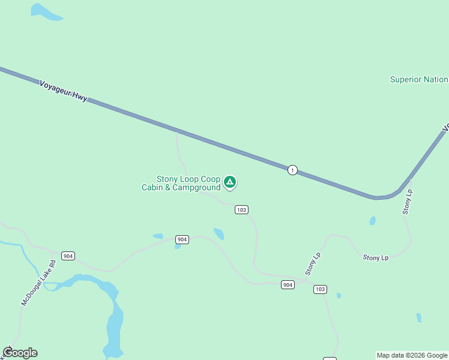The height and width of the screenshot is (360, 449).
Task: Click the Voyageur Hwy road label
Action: (63, 91)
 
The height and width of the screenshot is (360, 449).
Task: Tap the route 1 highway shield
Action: (292, 170)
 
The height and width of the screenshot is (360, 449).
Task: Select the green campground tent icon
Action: (229, 182)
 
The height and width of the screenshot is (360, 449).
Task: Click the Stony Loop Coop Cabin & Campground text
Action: (181, 183)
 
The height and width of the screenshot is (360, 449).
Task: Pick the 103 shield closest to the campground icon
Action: (241, 209)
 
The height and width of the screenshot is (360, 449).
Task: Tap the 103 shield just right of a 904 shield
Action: (320, 289)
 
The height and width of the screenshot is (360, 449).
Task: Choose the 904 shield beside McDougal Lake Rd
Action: (68, 256)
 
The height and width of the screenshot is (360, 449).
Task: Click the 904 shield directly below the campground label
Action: (182, 239)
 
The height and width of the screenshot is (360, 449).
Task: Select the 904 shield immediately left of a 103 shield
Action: (288, 284)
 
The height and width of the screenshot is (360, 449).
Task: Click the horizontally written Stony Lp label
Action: (376, 257)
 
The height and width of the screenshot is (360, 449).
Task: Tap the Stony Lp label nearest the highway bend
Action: (408, 202)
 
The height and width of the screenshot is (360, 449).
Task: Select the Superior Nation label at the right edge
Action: (418, 79)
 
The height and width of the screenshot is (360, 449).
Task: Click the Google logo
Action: (20, 353)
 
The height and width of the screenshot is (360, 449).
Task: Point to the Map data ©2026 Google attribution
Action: (412, 355)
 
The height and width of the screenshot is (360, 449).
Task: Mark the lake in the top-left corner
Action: (46, 12)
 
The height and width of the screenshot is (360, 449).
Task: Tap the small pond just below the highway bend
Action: (373, 221)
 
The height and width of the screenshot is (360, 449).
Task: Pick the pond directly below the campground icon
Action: (219, 233)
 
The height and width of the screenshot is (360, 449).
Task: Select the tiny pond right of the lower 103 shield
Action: (339, 295)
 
